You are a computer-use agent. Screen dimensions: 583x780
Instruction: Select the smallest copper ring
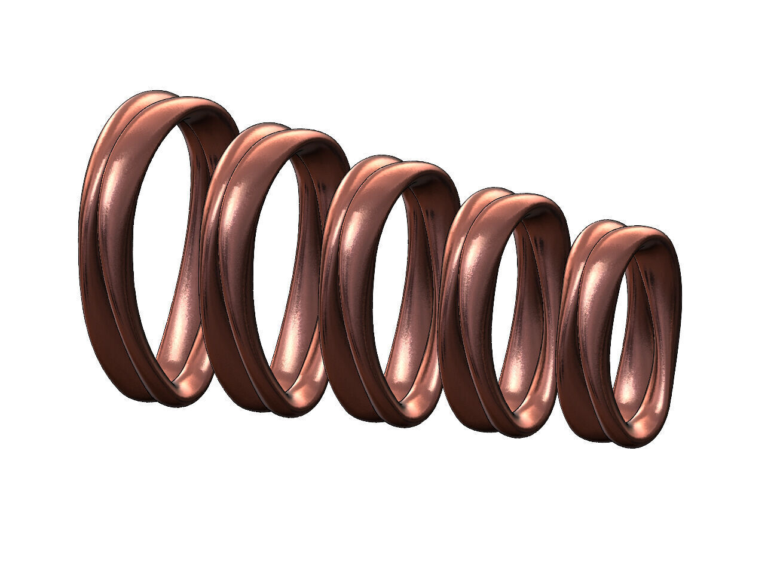(583, 335)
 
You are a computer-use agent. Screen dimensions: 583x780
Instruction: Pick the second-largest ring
(224, 269)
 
